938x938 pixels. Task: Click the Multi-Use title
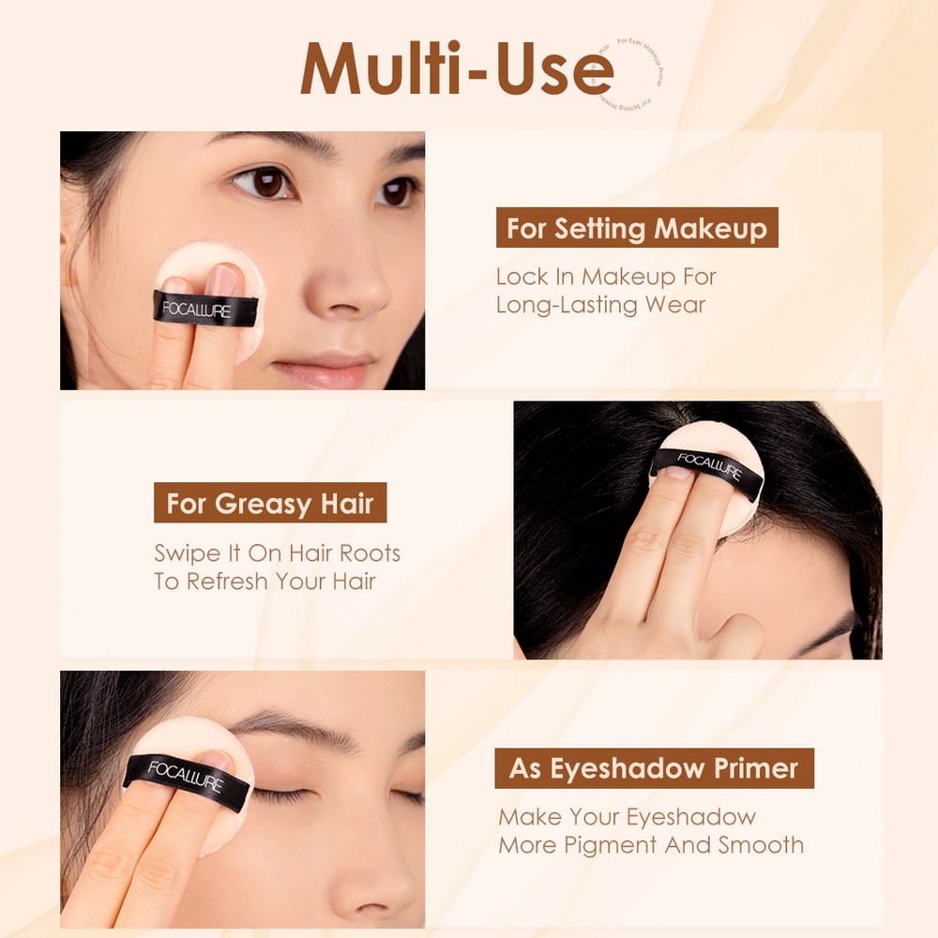[457, 68]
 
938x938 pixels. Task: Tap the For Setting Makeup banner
[637, 228]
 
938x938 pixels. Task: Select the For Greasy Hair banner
[270, 504]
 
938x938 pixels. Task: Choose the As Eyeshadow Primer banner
[654, 769]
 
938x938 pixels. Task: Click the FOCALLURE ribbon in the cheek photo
[206, 309]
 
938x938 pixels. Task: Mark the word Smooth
[761, 844]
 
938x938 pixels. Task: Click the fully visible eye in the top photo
[265, 182]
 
